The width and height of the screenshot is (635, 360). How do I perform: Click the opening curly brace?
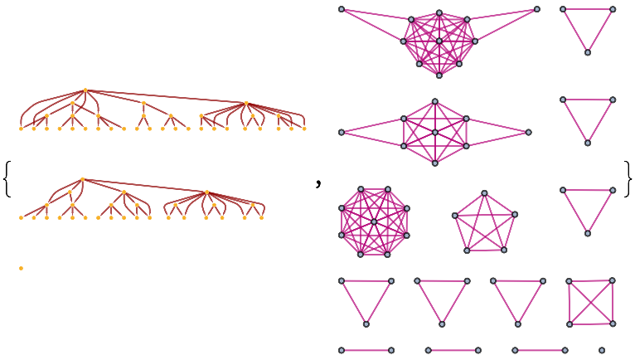tap(8, 179)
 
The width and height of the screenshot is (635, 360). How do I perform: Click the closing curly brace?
tap(628, 179)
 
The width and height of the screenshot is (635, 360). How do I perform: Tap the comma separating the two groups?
tap(318, 185)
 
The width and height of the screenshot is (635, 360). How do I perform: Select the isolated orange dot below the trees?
tap(21, 268)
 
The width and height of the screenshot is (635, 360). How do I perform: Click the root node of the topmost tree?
tap(85, 90)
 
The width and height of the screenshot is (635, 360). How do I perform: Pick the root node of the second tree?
tap(83, 179)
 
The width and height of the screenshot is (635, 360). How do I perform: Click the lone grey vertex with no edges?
tap(602, 350)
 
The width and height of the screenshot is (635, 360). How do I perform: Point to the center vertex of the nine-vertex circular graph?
tap(374, 221)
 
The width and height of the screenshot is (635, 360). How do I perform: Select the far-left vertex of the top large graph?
tap(342, 9)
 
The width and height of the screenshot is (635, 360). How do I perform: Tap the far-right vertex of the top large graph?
tap(537, 9)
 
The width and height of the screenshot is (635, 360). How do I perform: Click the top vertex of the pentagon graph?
tap(485, 193)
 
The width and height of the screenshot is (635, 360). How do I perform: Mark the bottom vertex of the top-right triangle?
tap(588, 52)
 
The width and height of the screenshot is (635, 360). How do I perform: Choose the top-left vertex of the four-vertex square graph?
tap(570, 281)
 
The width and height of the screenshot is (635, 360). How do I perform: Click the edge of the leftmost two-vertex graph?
tap(366, 350)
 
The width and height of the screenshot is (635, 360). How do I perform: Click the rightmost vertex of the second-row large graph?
tap(528, 132)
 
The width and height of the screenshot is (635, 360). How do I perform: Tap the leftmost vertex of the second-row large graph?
tap(342, 132)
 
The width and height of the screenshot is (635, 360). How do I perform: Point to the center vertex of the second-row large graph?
tap(435, 132)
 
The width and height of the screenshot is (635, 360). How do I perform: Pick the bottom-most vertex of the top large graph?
tap(439, 75)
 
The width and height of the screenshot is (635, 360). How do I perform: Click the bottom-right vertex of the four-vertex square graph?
tap(613, 323)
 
